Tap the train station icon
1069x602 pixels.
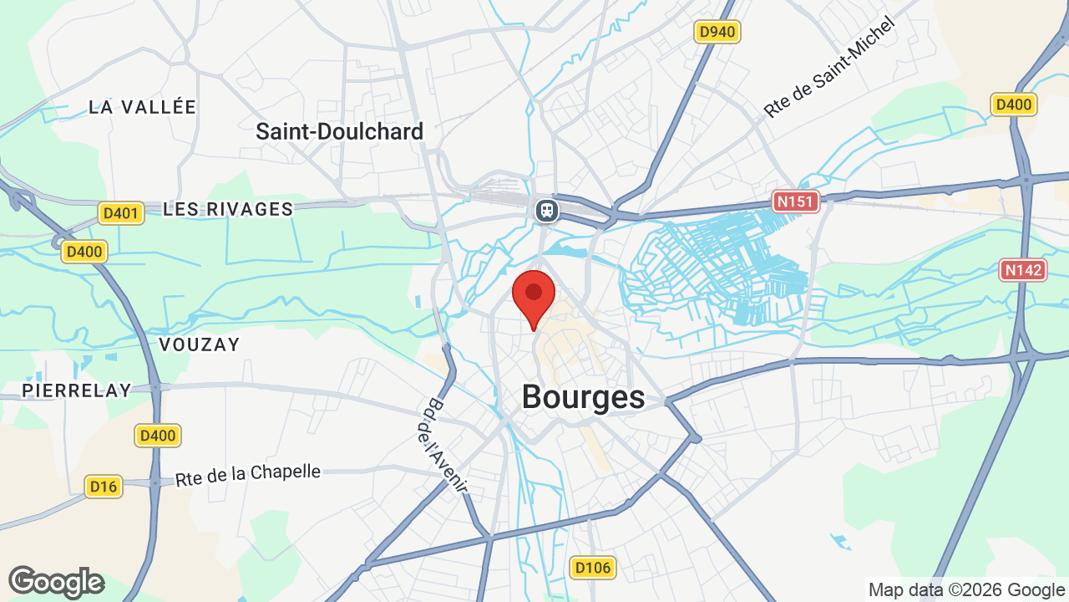(546, 209)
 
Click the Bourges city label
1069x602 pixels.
(583, 397)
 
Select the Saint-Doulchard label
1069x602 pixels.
(339, 131)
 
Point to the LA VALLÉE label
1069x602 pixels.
(142, 107)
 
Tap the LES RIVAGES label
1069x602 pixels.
(228, 209)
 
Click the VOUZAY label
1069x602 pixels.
(199, 344)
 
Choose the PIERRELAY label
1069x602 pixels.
(77, 390)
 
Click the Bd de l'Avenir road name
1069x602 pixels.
(442, 443)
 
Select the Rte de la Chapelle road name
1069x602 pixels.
(248, 474)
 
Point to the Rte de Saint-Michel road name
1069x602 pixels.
(828, 67)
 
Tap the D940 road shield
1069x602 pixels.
(717, 33)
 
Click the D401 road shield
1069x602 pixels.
(121, 213)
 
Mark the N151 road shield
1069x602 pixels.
(796, 201)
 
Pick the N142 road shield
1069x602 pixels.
(1023, 270)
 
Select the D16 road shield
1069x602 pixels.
(104, 487)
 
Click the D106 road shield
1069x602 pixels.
(594, 569)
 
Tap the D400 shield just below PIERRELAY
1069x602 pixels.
(158, 435)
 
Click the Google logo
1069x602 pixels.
(56, 582)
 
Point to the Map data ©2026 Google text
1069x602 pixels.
(965, 589)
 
